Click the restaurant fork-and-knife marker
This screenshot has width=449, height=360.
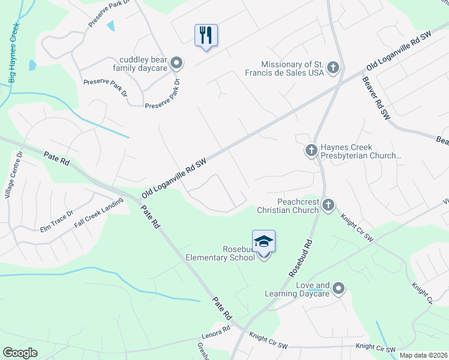(x=206, y=35)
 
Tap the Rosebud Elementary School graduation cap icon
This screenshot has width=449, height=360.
(x=264, y=241)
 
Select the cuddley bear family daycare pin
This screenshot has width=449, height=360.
(x=176, y=62)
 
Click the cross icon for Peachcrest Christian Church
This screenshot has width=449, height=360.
(x=328, y=205)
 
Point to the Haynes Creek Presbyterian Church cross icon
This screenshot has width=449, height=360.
(x=311, y=150)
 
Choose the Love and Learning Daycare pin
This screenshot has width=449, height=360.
(x=339, y=289)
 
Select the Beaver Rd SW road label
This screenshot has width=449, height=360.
(x=372, y=100)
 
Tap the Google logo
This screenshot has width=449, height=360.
(x=20, y=353)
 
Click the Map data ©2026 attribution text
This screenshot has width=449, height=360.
(x=423, y=355)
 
